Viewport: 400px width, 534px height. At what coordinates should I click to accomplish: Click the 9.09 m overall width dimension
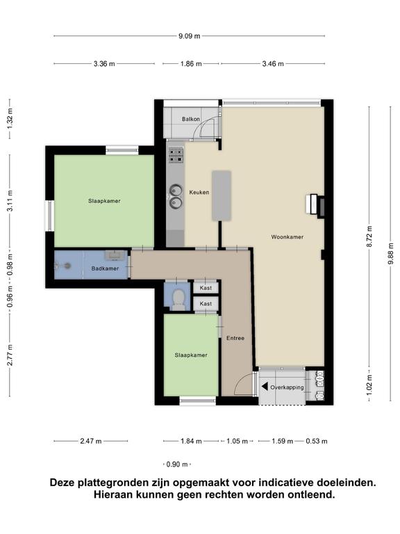[x=190, y=35]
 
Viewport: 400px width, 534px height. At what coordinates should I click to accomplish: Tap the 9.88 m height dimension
[x=390, y=253]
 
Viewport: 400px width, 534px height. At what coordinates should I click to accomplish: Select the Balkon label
[x=191, y=119]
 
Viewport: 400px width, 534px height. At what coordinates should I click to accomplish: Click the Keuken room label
[x=199, y=193]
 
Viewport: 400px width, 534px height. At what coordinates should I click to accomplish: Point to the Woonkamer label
[x=287, y=237]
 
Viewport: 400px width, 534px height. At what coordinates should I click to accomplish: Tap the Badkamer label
[x=105, y=268]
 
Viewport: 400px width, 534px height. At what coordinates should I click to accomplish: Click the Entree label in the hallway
[x=235, y=338]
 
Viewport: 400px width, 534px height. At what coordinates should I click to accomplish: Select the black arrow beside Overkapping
[x=265, y=387]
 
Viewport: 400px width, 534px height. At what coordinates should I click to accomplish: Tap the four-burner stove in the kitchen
[x=176, y=154]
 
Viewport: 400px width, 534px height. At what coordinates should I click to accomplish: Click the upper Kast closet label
[x=206, y=288]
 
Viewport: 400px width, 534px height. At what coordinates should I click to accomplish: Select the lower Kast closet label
[x=206, y=304]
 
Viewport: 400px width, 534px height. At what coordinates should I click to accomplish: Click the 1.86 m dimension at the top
[x=191, y=64]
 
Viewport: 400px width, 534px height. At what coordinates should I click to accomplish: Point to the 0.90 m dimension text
[x=177, y=464]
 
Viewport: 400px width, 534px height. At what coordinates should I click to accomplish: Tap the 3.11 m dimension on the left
[x=10, y=200]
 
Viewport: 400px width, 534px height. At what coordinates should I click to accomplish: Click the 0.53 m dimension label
[x=317, y=442]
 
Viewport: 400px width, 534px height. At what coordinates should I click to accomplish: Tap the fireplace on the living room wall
[x=315, y=205]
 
